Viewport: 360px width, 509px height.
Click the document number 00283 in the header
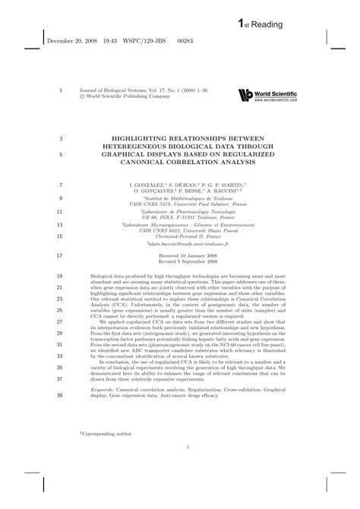[177, 42]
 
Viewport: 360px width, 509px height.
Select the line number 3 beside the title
[60, 138]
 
